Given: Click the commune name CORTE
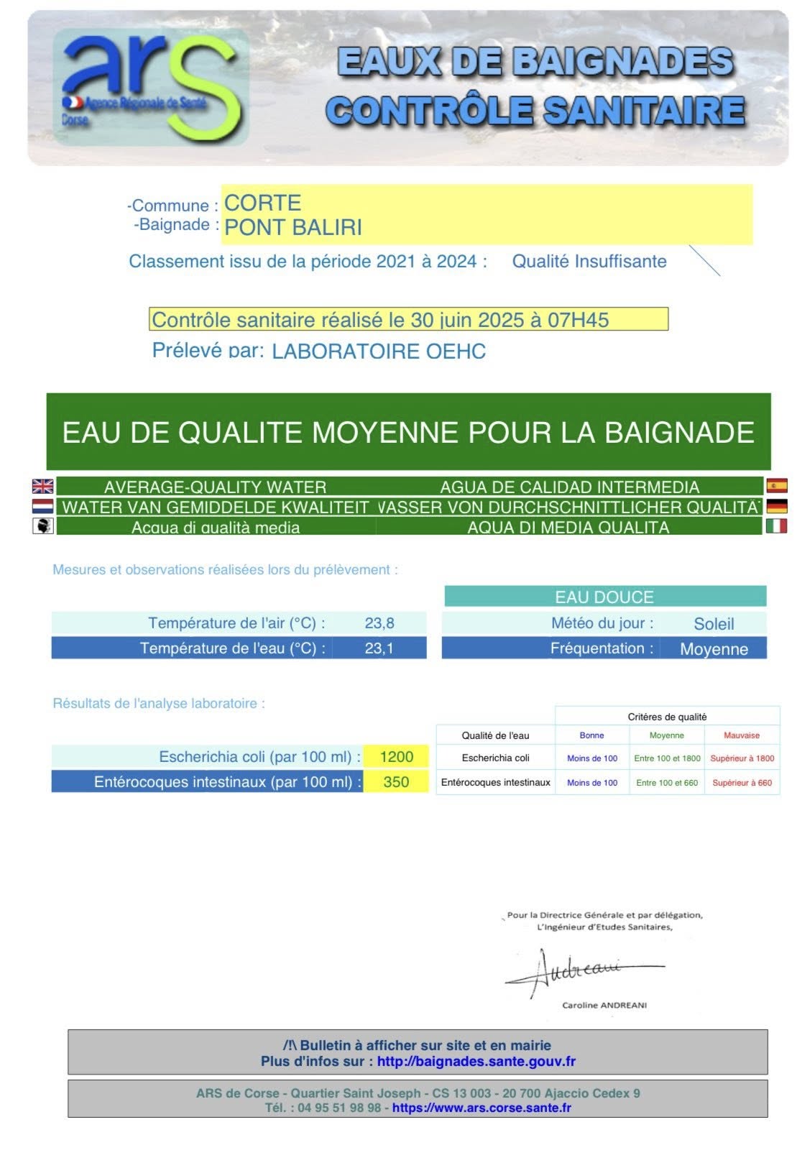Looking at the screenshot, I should coord(262,203).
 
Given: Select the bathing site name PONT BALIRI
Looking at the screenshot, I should coord(293,228).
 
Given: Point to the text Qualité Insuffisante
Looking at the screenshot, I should coord(589,262).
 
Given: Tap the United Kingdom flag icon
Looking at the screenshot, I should coord(43,487).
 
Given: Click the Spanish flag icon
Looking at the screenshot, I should coord(776,486).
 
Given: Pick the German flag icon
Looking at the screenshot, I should coord(776,506).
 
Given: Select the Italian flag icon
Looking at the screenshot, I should coord(776,526).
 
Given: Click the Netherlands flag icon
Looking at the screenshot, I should coord(43,507).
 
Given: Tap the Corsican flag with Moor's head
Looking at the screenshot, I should coord(43,526).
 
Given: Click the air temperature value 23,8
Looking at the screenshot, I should coord(379,623).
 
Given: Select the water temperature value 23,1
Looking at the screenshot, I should coord(379,648).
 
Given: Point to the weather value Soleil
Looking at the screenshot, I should coord(713,624).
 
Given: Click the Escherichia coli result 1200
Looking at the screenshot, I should coord(396,757).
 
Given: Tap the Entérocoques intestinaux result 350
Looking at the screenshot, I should coord(396,782).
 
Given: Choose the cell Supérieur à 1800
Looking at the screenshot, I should coord(742,758).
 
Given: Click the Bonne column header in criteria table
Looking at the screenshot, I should coord(592,735).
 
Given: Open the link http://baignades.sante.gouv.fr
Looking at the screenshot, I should coord(476,1061).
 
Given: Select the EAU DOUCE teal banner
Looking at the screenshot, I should coord(604,597).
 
